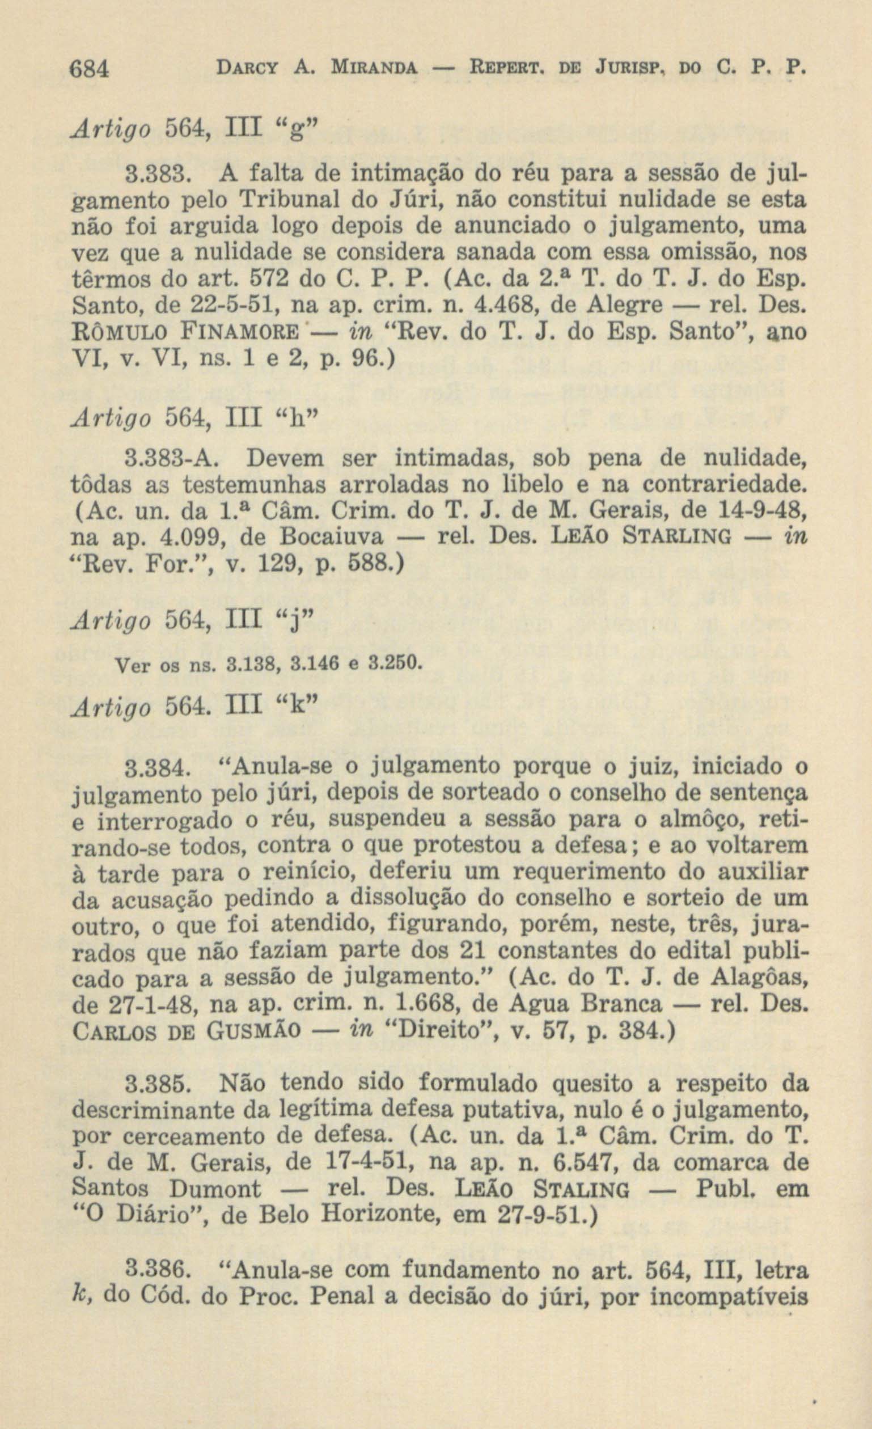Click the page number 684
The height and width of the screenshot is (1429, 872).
90,71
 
